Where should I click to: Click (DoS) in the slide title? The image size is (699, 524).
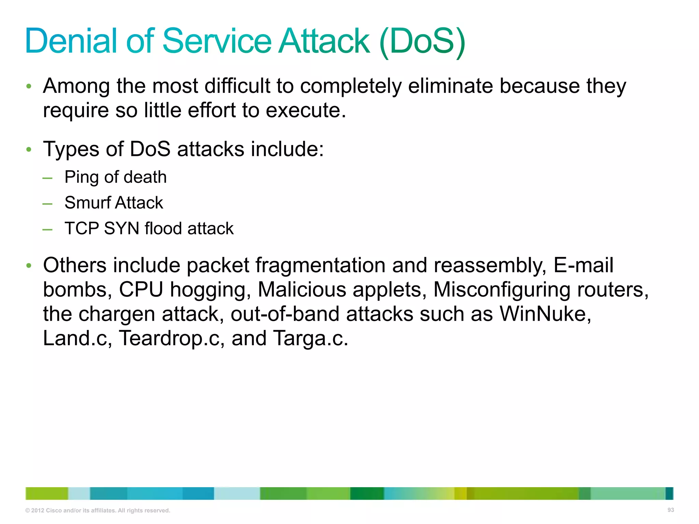coord(422,42)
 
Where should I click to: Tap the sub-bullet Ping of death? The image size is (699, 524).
coord(115,177)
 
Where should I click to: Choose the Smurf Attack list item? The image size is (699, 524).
coord(114,203)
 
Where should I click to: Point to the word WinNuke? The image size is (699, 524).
coord(545,314)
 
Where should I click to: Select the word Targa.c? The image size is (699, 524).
coord(310,338)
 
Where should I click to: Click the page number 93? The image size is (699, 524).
coord(670,510)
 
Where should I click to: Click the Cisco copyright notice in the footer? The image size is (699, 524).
coord(98,510)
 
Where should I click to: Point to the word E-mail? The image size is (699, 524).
coord(583,265)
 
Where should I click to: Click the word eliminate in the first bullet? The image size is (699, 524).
coord(451,86)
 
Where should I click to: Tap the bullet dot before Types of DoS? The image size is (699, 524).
coord(29,150)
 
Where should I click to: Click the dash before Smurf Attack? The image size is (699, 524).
coord(47,204)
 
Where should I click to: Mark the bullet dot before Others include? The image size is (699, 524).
coord(29,265)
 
